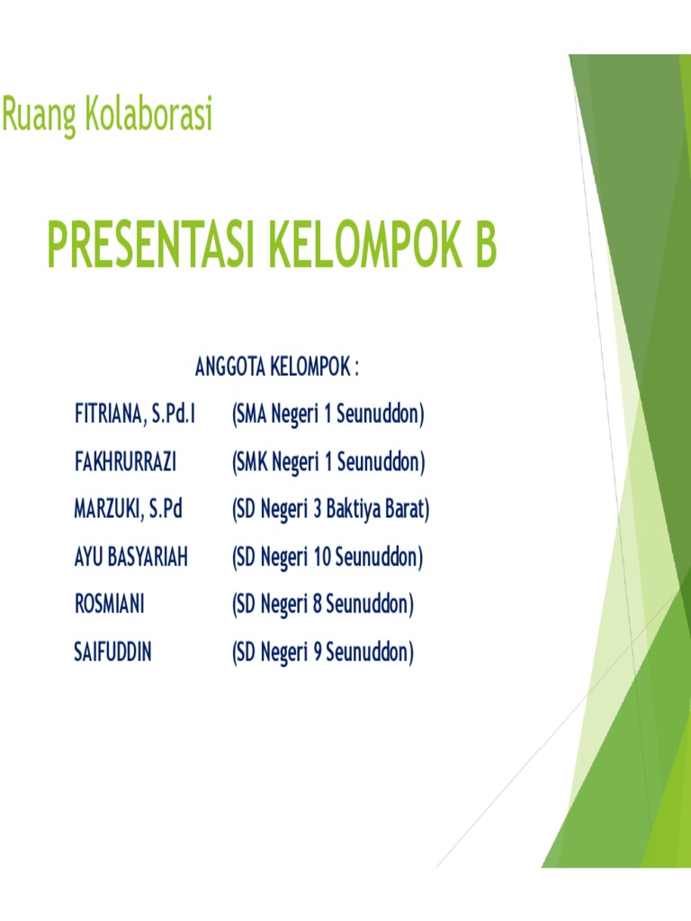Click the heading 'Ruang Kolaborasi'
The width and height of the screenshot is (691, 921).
pyautogui.click(x=107, y=116)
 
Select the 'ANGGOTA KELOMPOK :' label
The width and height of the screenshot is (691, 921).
pyautogui.click(x=277, y=368)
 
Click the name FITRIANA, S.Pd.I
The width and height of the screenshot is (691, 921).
pyautogui.click(x=135, y=415)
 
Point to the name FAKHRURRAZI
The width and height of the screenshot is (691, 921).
pyautogui.click(x=125, y=462)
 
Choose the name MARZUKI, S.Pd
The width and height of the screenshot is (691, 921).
pyautogui.click(x=128, y=510)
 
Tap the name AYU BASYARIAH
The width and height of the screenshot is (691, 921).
pyautogui.click(x=130, y=558)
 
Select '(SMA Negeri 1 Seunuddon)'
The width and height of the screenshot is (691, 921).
pyautogui.click(x=328, y=415)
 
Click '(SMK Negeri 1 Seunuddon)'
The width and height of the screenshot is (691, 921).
pyautogui.click(x=328, y=462)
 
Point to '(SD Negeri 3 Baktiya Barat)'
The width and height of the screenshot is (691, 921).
pyautogui.click(x=330, y=510)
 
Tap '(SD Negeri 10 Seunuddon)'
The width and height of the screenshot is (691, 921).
pyautogui.click(x=327, y=558)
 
